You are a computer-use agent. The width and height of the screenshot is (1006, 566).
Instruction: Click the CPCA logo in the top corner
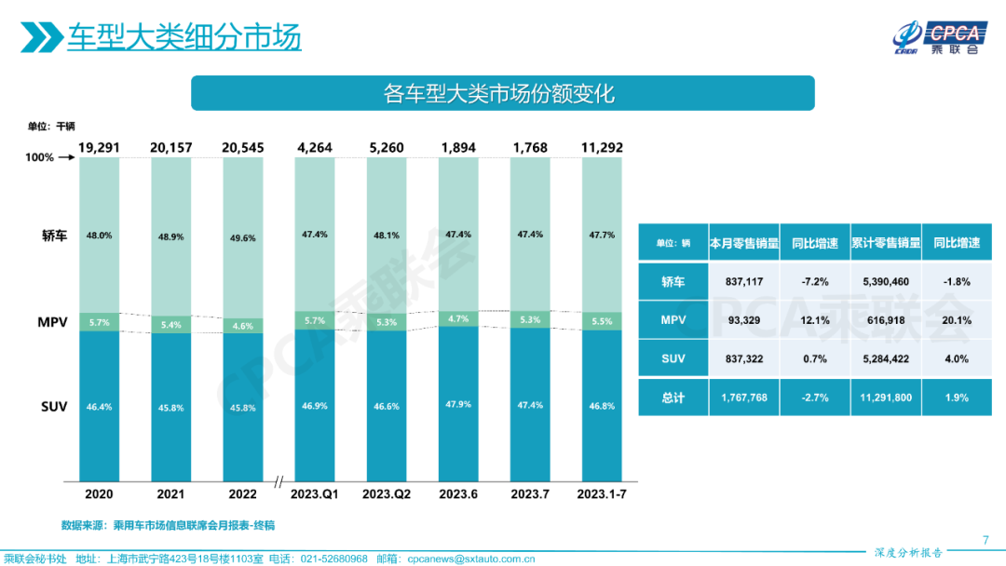coord(936,36)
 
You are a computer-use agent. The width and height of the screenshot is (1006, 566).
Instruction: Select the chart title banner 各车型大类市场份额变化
coord(502,93)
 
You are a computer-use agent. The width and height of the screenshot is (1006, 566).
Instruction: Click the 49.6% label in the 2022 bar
coord(242,237)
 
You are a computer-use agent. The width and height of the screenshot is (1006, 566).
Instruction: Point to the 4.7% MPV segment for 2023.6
coord(458,317)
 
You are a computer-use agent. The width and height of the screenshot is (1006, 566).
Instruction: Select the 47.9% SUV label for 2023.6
coord(458,405)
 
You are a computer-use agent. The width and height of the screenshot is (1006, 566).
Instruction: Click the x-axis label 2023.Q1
coord(315,493)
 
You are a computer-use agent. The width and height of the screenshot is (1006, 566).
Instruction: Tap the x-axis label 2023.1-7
coord(601,493)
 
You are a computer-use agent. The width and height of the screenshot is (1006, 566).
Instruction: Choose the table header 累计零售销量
coord(885,242)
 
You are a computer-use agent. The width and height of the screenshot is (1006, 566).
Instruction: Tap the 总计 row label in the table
coord(673,397)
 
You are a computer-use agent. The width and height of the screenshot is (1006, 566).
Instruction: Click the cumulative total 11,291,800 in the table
coord(885,397)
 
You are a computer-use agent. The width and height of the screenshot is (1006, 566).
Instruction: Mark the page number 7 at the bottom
coord(986,540)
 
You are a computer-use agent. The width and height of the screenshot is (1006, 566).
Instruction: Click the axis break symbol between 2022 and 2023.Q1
coord(279,482)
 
